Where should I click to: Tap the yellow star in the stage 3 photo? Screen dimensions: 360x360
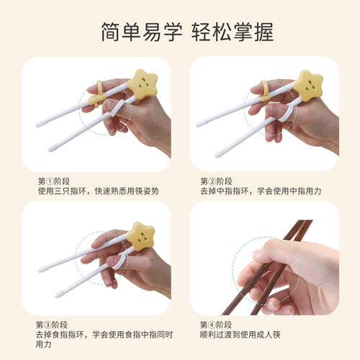tap(140, 235)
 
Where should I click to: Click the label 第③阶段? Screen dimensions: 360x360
tap(53, 325)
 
